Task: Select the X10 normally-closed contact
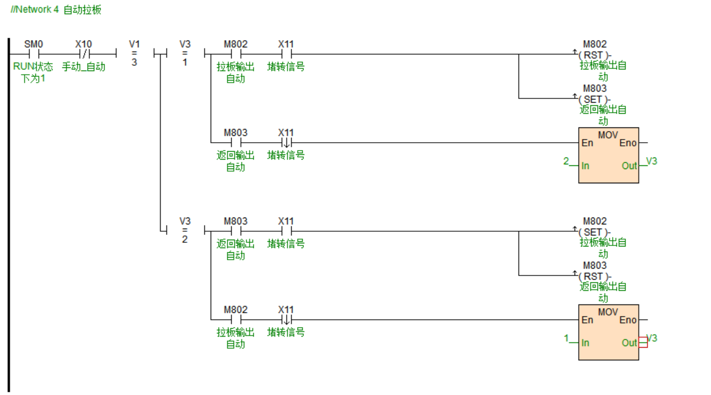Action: coord(84,54)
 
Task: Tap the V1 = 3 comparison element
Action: coord(134,54)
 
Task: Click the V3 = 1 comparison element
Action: coord(185,54)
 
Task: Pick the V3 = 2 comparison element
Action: coord(185,231)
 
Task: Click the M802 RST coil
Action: coord(594,55)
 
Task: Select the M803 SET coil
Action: coord(594,99)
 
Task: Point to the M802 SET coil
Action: coord(594,232)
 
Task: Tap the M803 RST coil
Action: coord(594,276)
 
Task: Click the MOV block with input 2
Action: coord(608,155)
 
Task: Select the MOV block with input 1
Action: coord(608,332)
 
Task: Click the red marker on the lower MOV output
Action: coord(643,342)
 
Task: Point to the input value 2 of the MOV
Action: coord(566,161)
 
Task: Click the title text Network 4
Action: coord(37,9)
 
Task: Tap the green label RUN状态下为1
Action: coord(33,73)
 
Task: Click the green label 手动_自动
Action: coord(84,67)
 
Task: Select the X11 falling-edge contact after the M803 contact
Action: coord(286,142)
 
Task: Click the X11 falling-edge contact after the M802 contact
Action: coord(286,319)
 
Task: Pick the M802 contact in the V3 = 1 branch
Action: coord(235,54)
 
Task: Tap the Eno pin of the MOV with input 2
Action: coord(628,143)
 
